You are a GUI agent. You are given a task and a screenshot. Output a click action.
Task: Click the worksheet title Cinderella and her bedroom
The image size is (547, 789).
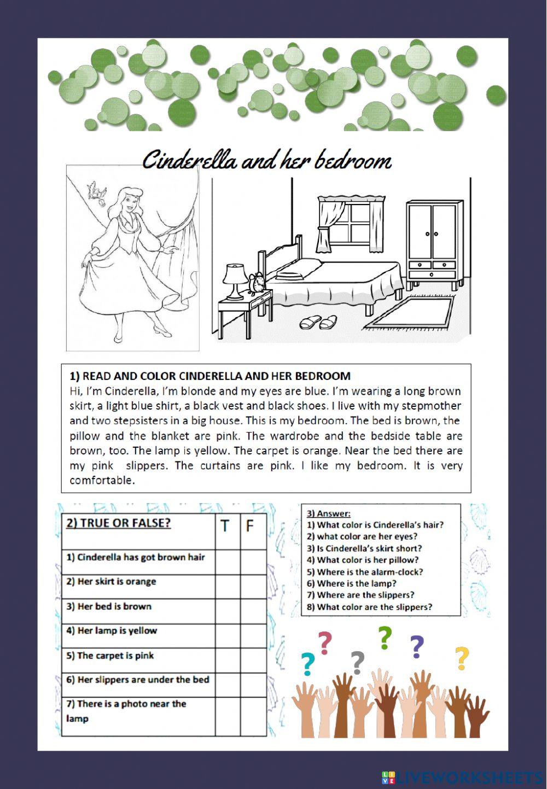[266, 161]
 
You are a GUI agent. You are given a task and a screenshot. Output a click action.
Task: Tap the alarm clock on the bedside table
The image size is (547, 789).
[257, 283]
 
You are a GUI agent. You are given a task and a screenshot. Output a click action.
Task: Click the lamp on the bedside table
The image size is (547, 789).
[235, 279]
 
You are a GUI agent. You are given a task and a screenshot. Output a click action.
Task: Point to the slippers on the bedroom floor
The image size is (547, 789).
[318, 322]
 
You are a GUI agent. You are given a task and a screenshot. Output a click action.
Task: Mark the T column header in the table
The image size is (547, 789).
[225, 527]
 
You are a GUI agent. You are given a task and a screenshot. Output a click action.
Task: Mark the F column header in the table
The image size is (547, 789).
[249, 527]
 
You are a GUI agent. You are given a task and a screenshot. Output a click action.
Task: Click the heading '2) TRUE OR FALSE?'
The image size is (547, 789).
[118, 523]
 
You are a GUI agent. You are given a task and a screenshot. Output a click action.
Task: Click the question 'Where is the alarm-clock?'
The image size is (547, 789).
[365, 572]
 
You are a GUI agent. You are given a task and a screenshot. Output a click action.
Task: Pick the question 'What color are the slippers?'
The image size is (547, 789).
[369, 607]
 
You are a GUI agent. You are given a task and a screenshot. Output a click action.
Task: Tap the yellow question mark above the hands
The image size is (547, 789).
[462, 658]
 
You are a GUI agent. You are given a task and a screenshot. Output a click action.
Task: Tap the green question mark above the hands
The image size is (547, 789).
[385, 637]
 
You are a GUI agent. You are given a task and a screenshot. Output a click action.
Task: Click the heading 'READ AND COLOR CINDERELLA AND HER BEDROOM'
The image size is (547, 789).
[210, 376]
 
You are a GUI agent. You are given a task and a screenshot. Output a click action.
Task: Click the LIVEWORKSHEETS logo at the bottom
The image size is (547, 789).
[462, 777]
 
